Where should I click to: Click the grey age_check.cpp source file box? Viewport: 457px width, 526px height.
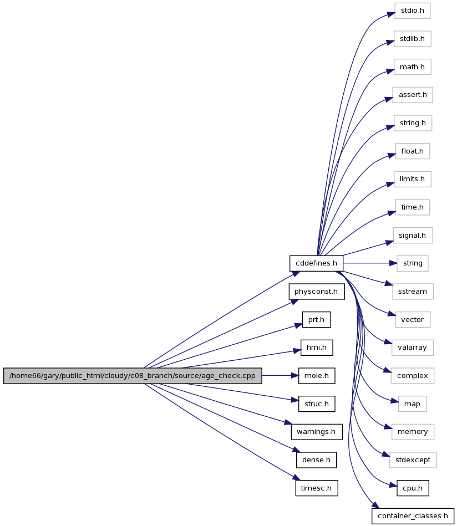click(x=133, y=375)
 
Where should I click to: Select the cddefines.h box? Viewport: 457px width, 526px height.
click(x=316, y=263)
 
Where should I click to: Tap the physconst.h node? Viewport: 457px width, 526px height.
click(x=316, y=292)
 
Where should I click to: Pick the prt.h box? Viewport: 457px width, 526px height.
click(x=316, y=320)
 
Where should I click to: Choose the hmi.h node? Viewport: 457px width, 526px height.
click(x=317, y=348)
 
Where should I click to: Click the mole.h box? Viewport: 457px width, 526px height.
click(x=317, y=376)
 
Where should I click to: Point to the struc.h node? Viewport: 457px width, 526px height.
click(x=317, y=404)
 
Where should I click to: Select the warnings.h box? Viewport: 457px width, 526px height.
click(x=317, y=432)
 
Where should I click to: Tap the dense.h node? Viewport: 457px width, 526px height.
click(x=316, y=460)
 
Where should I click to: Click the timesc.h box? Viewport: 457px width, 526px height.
click(x=317, y=488)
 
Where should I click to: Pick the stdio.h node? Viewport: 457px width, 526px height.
click(x=412, y=11)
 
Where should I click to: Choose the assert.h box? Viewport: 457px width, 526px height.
click(x=412, y=95)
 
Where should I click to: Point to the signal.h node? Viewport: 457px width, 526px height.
click(x=412, y=236)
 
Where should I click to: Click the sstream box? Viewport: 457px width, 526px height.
click(x=413, y=292)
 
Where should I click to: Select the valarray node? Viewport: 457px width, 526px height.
click(x=412, y=348)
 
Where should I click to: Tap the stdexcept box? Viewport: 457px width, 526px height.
click(x=413, y=460)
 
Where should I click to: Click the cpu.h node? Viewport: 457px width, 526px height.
click(x=413, y=488)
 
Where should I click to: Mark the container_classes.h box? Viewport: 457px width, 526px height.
click(x=413, y=516)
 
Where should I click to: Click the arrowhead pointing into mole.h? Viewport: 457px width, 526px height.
click(x=295, y=376)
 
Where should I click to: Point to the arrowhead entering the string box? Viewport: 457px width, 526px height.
click(x=393, y=263)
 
